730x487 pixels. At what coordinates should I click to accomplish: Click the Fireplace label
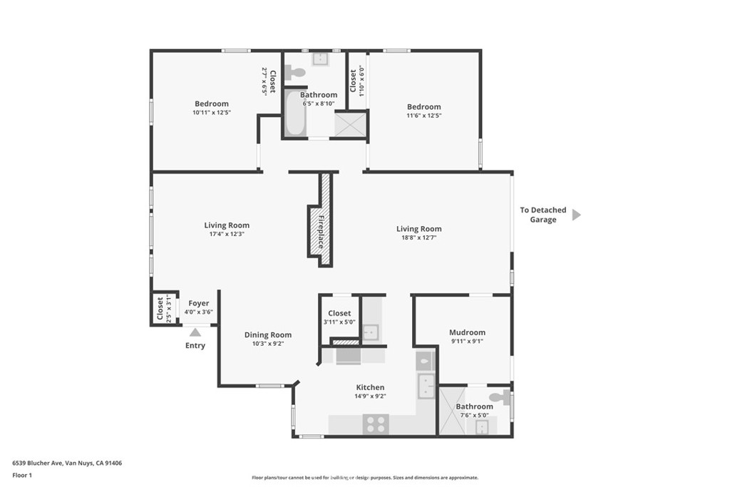pyautogui.click(x=322, y=231)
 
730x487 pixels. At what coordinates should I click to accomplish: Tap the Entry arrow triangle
pyautogui.click(x=195, y=332)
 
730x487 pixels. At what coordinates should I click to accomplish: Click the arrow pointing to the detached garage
pyautogui.click(x=576, y=215)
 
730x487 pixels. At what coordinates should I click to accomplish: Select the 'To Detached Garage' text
pyautogui.click(x=543, y=215)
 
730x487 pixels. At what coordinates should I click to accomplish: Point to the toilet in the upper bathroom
pyautogui.click(x=294, y=72)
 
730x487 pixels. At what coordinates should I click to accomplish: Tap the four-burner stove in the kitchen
pyautogui.click(x=376, y=424)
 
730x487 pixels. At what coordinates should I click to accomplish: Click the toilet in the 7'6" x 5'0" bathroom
pyautogui.click(x=500, y=397)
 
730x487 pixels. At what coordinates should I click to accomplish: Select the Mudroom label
pyautogui.click(x=467, y=332)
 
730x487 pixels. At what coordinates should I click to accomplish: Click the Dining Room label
pyautogui.click(x=267, y=335)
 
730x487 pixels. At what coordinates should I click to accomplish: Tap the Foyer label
pyautogui.click(x=198, y=303)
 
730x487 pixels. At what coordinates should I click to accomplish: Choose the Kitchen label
pyautogui.click(x=370, y=387)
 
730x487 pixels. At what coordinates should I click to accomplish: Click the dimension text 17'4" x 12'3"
pyautogui.click(x=227, y=235)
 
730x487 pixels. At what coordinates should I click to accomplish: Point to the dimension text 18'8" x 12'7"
pyautogui.click(x=418, y=238)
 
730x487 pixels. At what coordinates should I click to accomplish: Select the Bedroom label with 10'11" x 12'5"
pyautogui.click(x=212, y=104)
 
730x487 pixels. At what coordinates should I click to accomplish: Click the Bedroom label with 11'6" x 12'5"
pyautogui.click(x=423, y=107)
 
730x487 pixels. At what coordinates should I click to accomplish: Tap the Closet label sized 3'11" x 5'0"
pyautogui.click(x=339, y=313)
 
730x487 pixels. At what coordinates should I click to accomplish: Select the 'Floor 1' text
pyautogui.click(x=22, y=475)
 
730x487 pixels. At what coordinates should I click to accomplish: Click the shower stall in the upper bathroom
pyautogui.click(x=351, y=125)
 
